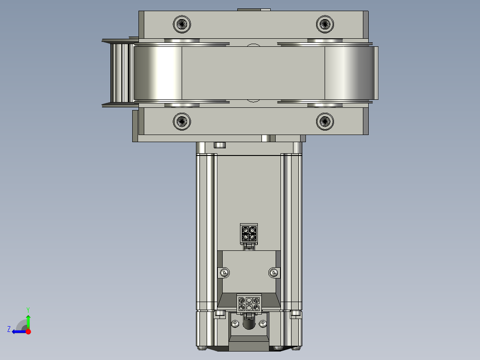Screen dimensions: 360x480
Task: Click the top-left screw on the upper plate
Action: [x=182, y=24]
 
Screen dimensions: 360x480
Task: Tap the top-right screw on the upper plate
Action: [x=325, y=24]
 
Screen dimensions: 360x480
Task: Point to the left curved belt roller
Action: [x=158, y=73]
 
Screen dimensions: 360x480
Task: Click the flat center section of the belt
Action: [x=253, y=73]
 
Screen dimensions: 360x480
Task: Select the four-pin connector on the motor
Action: [x=248, y=233]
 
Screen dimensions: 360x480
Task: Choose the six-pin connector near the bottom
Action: [x=248, y=303]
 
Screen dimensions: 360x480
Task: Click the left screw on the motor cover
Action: [x=224, y=272]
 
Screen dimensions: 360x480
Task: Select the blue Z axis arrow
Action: [x=18, y=331]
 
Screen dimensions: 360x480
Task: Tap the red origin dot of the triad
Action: [x=28, y=331]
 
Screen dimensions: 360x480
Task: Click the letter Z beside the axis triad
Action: [x=9, y=329]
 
